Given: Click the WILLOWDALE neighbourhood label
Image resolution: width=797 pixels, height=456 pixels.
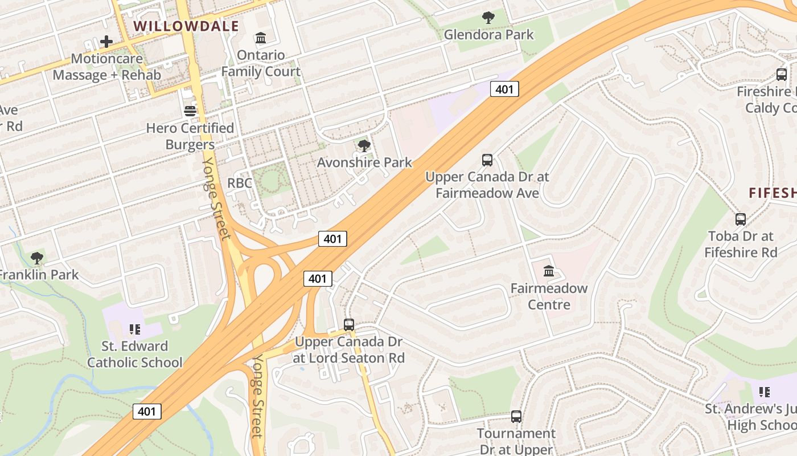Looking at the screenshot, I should [x=186, y=26].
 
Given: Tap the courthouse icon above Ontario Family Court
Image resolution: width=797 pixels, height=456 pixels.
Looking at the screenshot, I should [x=261, y=38].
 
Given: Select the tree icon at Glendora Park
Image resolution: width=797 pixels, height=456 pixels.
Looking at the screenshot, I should [x=488, y=18].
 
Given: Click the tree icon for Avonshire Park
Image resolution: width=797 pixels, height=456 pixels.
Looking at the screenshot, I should [x=364, y=146].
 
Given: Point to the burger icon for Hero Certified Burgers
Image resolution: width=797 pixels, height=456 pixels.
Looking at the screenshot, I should [x=190, y=111].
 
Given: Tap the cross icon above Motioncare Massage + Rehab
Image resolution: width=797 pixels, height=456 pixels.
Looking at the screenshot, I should [x=106, y=42].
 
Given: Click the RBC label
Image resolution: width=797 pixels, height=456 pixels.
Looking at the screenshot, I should [x=239, y=183].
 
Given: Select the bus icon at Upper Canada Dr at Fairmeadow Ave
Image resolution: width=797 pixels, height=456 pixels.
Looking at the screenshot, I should [x=487, y=160].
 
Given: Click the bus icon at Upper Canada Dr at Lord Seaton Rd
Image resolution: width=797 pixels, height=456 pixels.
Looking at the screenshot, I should [x=349, y=325].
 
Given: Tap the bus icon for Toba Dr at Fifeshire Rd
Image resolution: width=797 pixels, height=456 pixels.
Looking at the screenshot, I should [x=740, y=219].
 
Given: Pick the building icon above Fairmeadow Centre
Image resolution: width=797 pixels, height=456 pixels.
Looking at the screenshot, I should [x=549, y=271].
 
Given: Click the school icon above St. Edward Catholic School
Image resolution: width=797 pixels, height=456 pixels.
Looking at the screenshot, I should [x=135, y=329].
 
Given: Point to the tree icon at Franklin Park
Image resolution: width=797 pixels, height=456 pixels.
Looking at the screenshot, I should [x=37, y=258].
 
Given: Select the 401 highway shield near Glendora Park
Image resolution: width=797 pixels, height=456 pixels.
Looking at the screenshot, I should [x=504, y=89].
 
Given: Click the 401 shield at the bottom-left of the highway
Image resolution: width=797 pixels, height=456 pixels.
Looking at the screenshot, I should [x=147, y=411].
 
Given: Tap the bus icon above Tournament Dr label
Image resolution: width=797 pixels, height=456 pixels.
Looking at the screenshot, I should [x=516, y=417].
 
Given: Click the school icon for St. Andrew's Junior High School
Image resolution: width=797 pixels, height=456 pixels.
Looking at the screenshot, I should [x=765, y=392].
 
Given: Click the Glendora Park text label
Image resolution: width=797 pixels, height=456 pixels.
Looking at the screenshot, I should [x=488, y=34].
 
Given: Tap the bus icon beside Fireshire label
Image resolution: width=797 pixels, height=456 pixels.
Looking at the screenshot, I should [x=782, y=75].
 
